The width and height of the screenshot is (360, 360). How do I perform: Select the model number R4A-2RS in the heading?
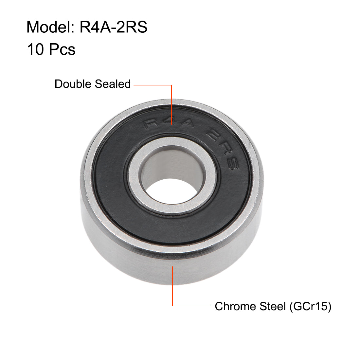pos(114,27)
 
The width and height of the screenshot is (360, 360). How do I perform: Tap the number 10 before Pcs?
pos(35,49)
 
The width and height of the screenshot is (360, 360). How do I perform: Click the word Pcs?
pos(62,49)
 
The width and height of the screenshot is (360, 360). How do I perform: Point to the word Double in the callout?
pos(73,84)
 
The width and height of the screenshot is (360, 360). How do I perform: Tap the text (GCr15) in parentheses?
pos(310,306)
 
